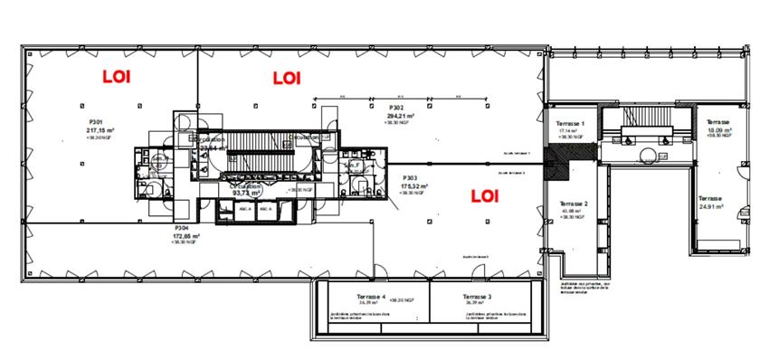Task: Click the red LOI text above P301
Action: click(x=116, y=77)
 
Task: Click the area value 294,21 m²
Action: click(x=400, y=116)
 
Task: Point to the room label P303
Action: click(x=409, y=177)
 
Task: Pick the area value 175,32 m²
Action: click(x=413, y=185)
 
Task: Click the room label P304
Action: click(x=182, y=241)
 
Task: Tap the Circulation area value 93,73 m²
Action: click(x=246, y=193)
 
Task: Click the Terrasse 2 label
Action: click(x=574, y=204)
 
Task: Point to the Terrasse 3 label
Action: click(x=477, y=297)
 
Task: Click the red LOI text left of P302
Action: click(x=287, y=78)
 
